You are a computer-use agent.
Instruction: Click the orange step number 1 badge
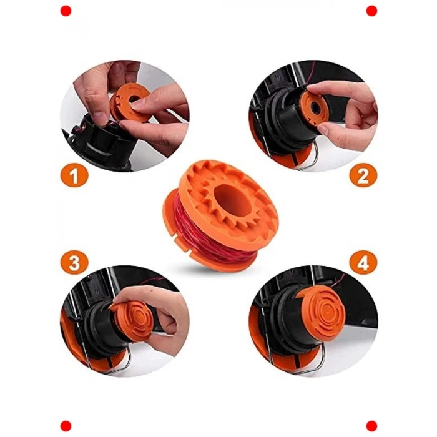(x=74, y=175)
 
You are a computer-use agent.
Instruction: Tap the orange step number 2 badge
(x=363, y=175)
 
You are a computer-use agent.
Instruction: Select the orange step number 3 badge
(x=74, y=263)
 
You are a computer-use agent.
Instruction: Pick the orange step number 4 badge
(x=363, y=263)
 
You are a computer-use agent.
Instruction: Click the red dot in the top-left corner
(x=66, y=11)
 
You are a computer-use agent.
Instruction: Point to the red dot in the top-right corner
(x=371, y=11)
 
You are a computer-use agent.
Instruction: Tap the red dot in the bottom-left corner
(x=66, y=426)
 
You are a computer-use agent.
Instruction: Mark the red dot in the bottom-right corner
(x=371, y=426)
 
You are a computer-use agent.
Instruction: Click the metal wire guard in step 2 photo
(x=310, y=156)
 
